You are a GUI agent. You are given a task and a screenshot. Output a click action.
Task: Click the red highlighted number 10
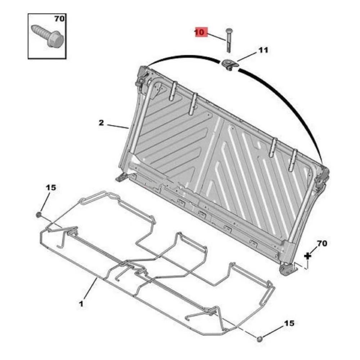tap(200, 32)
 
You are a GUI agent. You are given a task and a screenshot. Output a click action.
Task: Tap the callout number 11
tap(263, 50)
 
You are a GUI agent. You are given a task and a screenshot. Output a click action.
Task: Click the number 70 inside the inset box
tap(59, 19)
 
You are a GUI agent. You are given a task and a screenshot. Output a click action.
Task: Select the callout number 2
tap(101, 123)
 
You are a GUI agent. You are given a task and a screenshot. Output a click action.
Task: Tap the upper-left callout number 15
tap(51, 188)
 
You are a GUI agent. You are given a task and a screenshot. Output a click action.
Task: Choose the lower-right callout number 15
tap(289, 323)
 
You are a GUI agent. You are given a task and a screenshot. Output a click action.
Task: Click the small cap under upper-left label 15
tap(39, 215)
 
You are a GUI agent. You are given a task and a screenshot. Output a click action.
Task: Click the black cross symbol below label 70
tap(307, 256)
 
